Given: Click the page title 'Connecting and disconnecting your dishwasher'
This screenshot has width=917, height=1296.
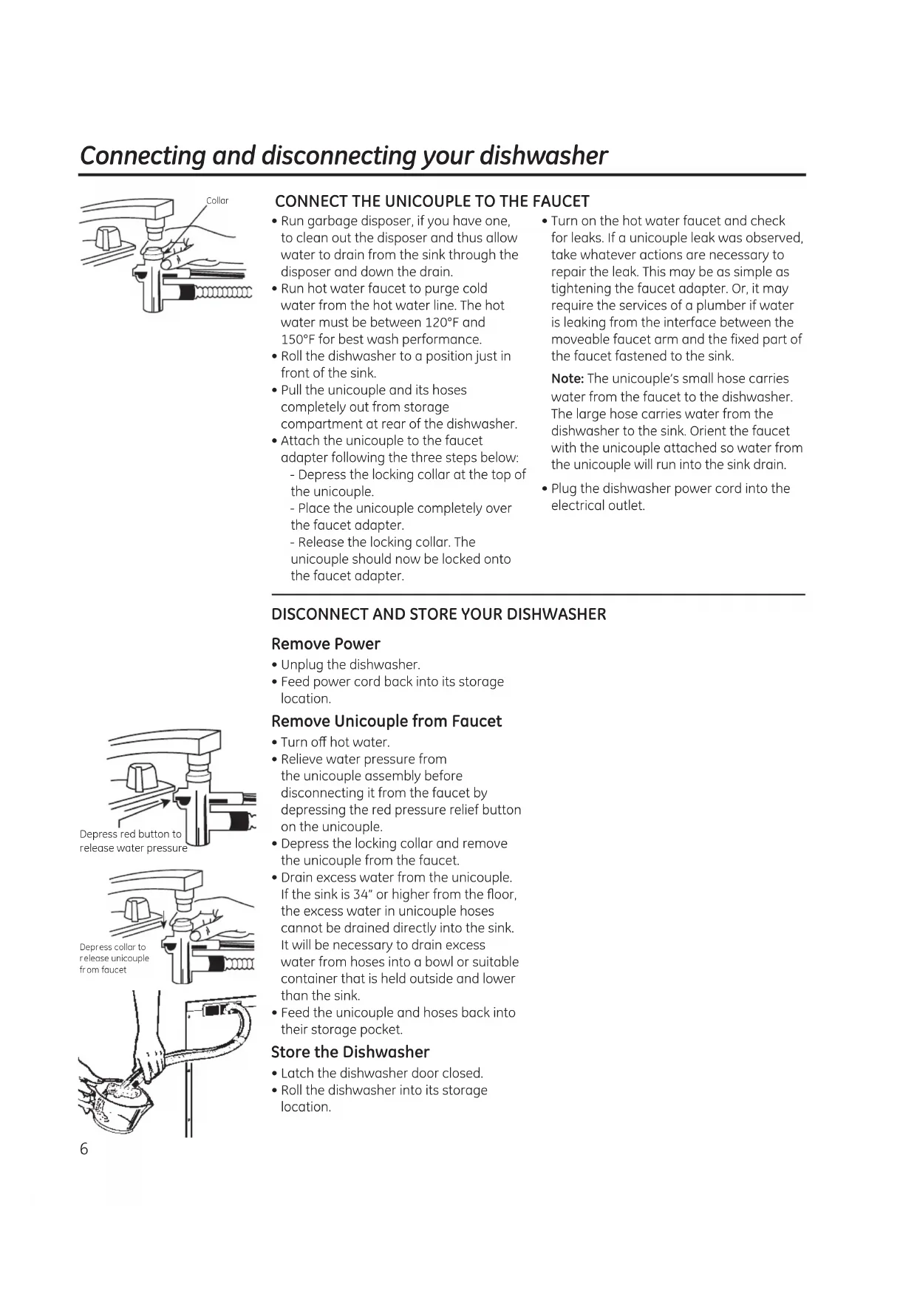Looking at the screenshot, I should (344, 156).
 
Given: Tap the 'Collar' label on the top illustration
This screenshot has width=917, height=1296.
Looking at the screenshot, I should (217, 201).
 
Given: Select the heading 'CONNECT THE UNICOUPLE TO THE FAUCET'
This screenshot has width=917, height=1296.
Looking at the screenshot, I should (432, 202).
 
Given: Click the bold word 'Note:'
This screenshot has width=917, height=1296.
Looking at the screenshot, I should (567, 379).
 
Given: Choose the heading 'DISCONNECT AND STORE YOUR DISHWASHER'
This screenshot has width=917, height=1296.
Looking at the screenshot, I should (438, 615).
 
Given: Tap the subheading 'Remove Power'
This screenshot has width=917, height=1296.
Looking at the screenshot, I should (325, 644).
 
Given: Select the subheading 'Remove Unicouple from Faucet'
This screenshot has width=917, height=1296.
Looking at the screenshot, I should (386, 722).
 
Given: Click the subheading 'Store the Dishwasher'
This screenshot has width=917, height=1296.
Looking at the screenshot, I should (350, 1052).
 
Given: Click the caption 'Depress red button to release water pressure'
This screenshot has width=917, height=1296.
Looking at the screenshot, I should (133, 842).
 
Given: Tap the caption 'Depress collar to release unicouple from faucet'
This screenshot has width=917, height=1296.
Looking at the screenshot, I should (114, 958).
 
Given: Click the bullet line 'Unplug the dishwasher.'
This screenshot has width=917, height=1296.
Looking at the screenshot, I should (350, 665).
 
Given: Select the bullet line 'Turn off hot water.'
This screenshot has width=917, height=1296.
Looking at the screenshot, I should (335, 743).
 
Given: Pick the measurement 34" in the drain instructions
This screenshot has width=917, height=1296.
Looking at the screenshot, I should (360, 895).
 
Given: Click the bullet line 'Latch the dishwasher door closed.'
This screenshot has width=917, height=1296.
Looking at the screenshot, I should (381, 1074).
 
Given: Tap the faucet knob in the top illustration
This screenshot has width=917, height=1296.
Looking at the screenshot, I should (109, 240).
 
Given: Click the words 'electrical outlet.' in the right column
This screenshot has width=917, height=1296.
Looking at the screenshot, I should (598, 506).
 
